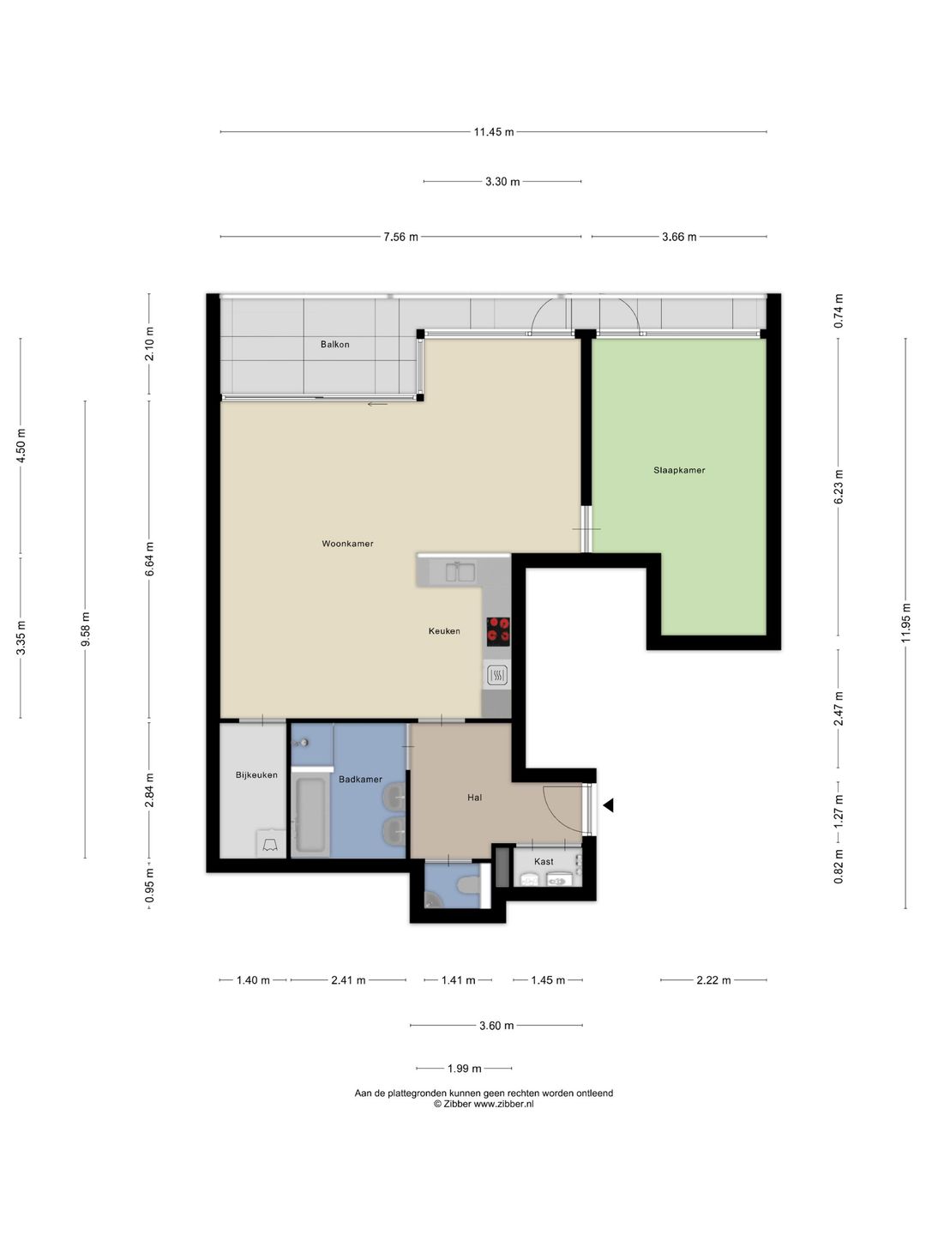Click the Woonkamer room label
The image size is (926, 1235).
347,544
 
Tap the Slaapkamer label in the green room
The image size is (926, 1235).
679,470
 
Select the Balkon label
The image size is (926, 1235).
335,344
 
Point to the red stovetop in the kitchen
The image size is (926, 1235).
499,630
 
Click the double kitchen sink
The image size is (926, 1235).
460,572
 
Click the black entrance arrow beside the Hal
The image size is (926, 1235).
609,805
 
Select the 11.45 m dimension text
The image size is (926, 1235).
494,132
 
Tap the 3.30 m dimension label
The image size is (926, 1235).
502,182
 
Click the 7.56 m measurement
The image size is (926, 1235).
401,237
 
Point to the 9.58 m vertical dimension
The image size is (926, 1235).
86,629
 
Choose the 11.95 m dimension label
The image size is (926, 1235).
905,623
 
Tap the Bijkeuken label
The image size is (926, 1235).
256,774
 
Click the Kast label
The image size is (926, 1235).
544,861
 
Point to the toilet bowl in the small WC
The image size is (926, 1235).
468,885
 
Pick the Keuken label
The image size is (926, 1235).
444,631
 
